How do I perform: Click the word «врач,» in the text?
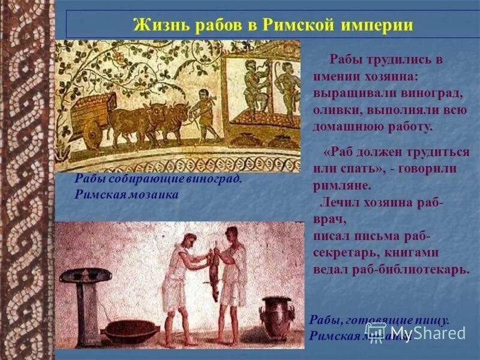click(x=329, y=220)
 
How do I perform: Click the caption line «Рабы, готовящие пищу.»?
click(x=379, y=320)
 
